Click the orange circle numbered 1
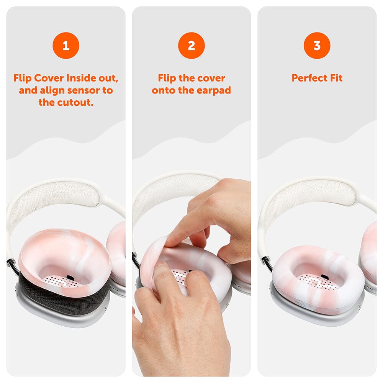tap(66, 46)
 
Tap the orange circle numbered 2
tap(191, 46)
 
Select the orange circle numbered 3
tap(317, 46)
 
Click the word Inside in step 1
tap(83, 78)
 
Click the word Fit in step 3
tap(336, 78)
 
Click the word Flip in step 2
tap(167, 78)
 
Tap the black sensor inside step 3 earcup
tap(324, 277)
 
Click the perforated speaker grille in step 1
tap(61, 282)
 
